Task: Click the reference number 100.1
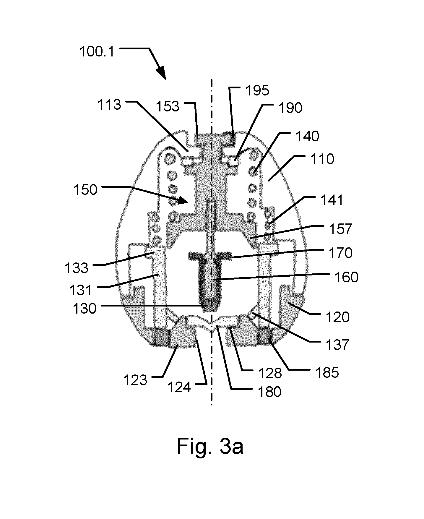coord(96,52)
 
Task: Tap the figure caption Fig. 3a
coord(210,447)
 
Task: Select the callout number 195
coord(257,90)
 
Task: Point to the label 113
coord(109,105)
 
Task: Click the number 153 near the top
coord(168,106)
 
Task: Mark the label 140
coord(307,137)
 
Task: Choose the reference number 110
coord(322,159)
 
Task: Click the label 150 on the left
coord(85,190)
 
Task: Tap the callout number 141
coord(332,200)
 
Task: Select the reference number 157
coord(341,229)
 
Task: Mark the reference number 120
coord(337,317)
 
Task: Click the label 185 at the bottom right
coord(326,373)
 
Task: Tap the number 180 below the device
coord(269,392)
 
